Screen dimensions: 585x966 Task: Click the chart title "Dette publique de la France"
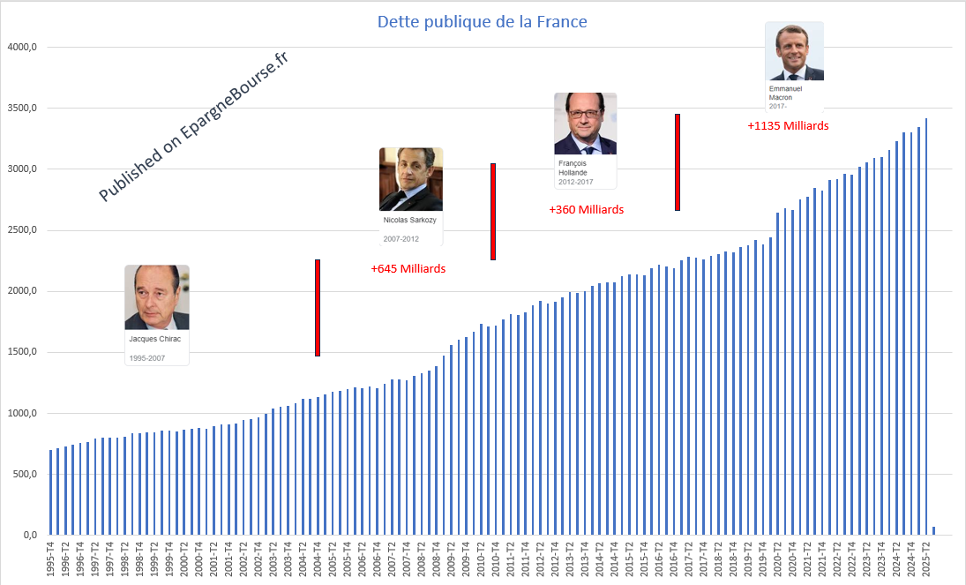click(482, 21)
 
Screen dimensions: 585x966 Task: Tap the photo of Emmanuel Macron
click(794, 52)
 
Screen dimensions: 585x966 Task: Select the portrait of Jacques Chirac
click(157, 297)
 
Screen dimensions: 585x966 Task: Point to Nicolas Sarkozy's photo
click(410, 179)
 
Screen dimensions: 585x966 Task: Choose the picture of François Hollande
click(585, 124)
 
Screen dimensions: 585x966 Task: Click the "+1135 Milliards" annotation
click(788, 125)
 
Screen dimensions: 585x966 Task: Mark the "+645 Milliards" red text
click(408, 268)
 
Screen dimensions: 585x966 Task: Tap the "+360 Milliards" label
click(586, 210)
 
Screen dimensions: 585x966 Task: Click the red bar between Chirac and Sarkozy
click(317, 308)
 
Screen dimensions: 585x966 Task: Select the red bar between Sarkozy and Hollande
click(493, 212)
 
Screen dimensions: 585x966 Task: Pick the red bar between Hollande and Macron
click(677, 162)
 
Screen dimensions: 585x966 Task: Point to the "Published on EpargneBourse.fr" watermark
click(194, 126)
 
